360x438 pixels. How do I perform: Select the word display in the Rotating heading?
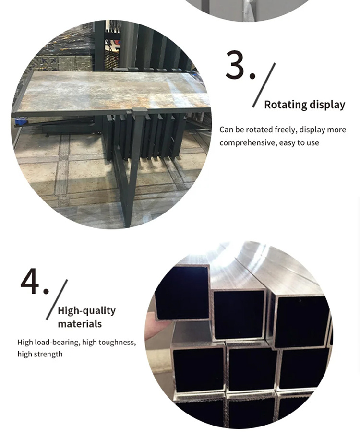click(324, 105)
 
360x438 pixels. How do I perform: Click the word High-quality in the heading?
click(87, 311)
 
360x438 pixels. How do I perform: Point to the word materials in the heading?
click(80, 324)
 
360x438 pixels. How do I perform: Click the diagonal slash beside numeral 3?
click(264, 85)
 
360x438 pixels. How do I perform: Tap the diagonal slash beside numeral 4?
click(57, 299)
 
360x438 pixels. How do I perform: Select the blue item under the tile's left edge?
click(21, 121)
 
